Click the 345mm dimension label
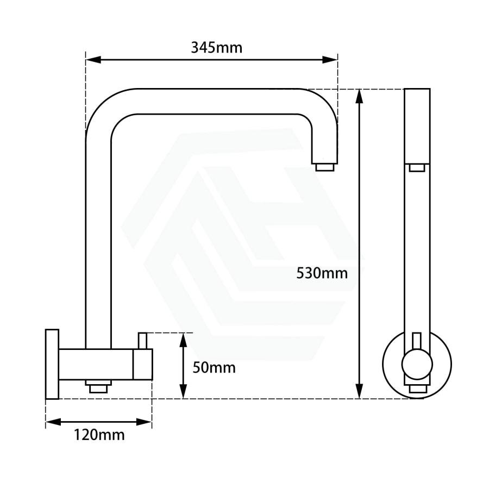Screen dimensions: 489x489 pyautogui.click(x=216, y=48)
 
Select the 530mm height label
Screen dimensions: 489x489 pyautogui.click(x=322, y=273)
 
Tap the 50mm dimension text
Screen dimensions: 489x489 pyautogui.click(x=214, y=368)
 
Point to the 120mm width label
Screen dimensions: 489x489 pyautogui.click(x=99, y=435)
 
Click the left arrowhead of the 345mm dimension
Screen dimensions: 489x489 pyautogui.click(x=93, y=60)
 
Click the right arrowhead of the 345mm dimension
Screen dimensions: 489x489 pyautogui.click(x=330, y=60)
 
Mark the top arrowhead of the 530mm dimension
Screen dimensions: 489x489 pyautogui.click(x=360, y=96)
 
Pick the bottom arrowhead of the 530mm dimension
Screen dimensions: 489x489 pyautogui.click(x=360, y=391)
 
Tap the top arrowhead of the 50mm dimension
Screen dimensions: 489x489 pyautogui.click(x=184, y=340)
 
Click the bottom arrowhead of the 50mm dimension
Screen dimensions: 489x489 pyautogui.click(x=184, y=391)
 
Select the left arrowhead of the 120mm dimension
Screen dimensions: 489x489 pyautogui.click(x=53, y=422)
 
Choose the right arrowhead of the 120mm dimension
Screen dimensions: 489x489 pyautogui.click(x=144, y=422)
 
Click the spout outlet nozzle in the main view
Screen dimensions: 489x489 pyautogui.click(x=325, y=167)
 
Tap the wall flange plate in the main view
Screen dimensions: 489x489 pyautogui.click(x=52, y=364)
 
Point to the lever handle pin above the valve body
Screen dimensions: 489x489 pyautogui.click(x=142, y=341)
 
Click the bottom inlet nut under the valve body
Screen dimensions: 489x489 pyautogui.click(x=98, y=386)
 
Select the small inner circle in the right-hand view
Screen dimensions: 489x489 pyautogui.click(x=417, y=363)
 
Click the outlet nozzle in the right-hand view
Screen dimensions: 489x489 pyautogui.click(x=417, y=168)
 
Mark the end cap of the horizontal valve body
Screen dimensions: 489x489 pyautogui.click(x=142, y=364)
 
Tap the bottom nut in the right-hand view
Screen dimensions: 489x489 pyautogui.click(x=417, y=388)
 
